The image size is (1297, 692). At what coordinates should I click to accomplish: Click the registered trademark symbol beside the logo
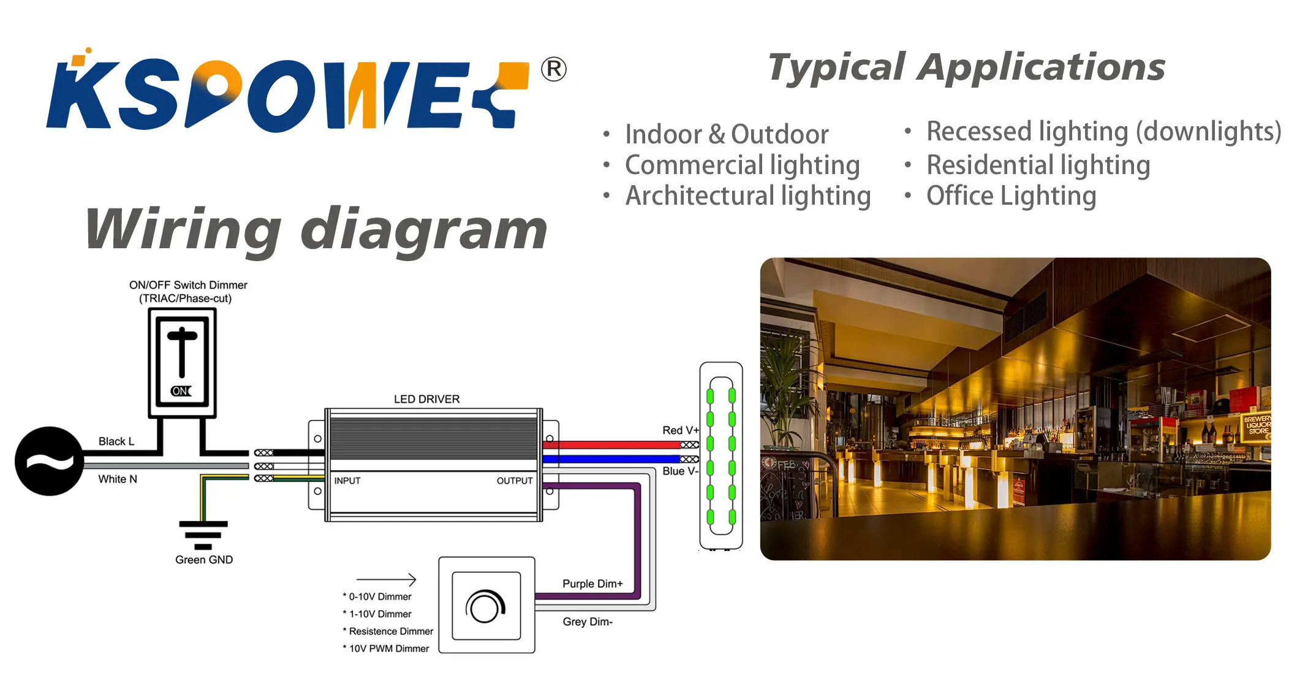pos(553,69)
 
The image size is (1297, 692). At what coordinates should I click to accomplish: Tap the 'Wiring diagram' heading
pos(316,229)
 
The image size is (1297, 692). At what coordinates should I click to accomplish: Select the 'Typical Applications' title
pos(966,67)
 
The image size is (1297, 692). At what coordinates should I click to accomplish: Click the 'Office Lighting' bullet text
pos(1011,196)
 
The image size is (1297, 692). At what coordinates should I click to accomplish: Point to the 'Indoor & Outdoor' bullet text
pos(727,134)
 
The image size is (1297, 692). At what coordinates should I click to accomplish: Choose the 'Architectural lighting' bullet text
pos(747,196)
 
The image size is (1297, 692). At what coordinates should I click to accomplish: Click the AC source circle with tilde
pos(49,461)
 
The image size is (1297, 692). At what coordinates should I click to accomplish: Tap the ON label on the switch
pos(181,391)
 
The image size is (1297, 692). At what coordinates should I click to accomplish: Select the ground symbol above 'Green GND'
pos(203,534)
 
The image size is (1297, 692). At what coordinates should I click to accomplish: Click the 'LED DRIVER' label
pos(426,399)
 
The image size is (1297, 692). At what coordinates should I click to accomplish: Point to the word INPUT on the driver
pos(347,481)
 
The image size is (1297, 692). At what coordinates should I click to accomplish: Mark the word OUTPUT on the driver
pos(514,481)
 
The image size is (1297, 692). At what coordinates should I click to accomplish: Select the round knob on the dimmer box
pos(485,606)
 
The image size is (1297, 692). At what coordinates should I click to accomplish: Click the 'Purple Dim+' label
pos(592,584)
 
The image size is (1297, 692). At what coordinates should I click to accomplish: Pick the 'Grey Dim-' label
pos(588,622)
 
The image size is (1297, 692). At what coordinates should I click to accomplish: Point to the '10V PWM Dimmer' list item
pos(388,648)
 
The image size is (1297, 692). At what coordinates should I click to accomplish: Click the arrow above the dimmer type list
pos(387,579)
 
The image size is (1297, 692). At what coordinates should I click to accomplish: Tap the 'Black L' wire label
pos(116,441)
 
